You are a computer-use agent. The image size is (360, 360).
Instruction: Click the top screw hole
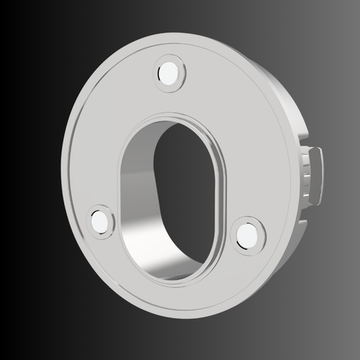[169, 73]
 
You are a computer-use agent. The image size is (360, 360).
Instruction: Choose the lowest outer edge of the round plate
[180, 322]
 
